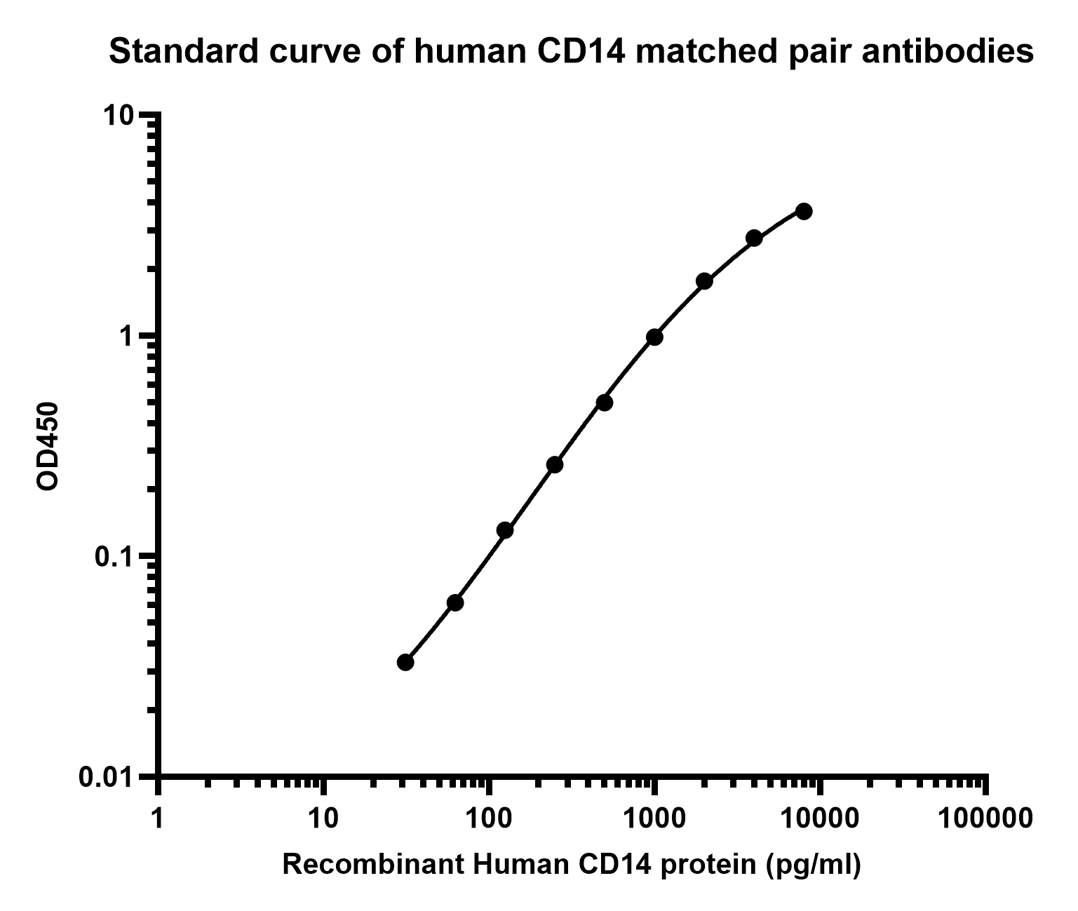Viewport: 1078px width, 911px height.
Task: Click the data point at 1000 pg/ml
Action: click(x=654, y=337)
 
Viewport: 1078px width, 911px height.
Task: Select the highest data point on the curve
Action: click(x=804, y=211)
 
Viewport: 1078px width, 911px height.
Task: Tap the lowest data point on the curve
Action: click(x=405, y=662)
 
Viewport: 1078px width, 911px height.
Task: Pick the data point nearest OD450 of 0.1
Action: click(x=505, y=530)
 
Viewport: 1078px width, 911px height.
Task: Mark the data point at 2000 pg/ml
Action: click(x=704, y=281)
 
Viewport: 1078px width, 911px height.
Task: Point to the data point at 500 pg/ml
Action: click(x=605, y=403)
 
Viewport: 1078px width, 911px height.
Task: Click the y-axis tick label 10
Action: click(x=119, y=116)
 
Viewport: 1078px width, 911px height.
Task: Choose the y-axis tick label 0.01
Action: click(x=107, y=778)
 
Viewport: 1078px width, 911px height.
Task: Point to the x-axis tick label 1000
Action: click(x=654, y=818)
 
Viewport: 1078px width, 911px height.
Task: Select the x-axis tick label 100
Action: click(x=489, y=818)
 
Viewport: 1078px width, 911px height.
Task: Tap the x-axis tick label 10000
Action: click(x=820, y=818)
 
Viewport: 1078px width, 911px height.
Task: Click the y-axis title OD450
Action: click(x=48, y=446)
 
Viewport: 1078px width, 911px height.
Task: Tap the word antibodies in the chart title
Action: click(x=948, y=52)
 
